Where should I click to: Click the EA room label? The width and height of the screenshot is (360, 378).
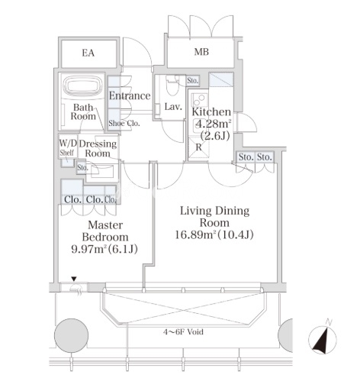(88, 53)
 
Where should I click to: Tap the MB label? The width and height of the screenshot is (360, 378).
(201, 52)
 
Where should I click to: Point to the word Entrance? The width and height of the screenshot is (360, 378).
(130, 95)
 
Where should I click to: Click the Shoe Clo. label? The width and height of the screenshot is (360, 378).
(124, 124)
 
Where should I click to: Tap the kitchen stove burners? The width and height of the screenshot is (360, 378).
(200, 100)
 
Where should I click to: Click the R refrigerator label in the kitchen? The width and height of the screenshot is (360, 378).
(198, 147)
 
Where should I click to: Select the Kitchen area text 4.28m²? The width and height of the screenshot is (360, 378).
(213, 124)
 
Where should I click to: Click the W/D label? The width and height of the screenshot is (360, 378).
(68, 144)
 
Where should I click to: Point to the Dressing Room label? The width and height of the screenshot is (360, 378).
(98, 148)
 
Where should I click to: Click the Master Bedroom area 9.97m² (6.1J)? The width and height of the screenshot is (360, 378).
(104, 249)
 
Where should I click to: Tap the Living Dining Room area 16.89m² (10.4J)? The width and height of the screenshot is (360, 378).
(214, 234)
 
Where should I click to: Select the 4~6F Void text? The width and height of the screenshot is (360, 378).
(183, 332)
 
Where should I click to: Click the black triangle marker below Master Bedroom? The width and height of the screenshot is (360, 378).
(74, 279)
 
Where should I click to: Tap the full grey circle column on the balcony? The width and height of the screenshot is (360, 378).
(72, 335)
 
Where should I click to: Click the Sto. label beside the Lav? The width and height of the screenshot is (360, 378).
(192, 81)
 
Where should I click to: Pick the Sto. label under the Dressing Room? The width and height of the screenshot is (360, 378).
(82, 168)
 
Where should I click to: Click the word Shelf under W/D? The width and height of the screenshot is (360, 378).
(67, 153)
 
